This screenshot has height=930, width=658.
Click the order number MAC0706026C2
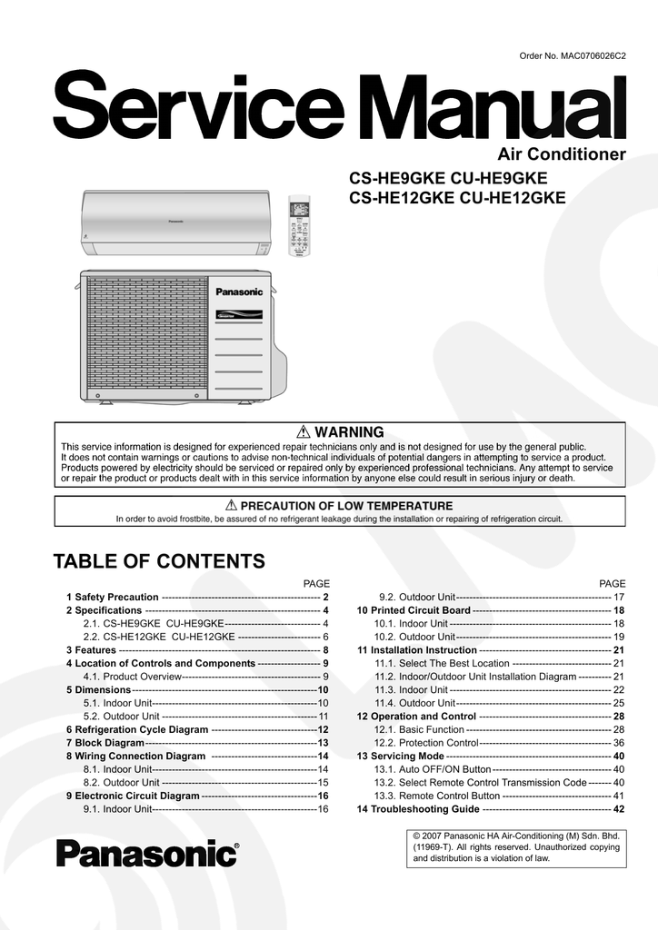[x=573, y=57]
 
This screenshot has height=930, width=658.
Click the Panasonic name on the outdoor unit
[x=238, y=292]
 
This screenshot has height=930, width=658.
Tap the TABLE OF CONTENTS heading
[x=160, y=560]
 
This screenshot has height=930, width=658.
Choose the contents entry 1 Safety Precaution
[x=113, y=598]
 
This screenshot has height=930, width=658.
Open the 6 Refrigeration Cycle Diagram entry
[x=137, y=729]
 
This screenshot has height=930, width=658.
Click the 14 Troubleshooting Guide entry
[x=418, y=808]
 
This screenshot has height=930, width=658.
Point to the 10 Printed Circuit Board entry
[x=414, y=610]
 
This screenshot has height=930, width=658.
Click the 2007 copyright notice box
[x=516, y=846]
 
